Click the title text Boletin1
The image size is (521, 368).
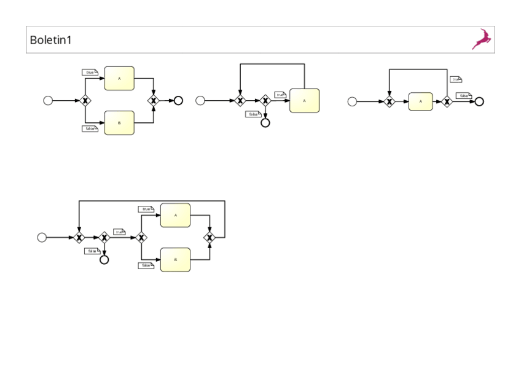pyautogui.click(x=51, y=40)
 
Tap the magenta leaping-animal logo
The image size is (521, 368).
pyautogui.click(x=482, y=39)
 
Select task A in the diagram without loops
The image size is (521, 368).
pyautogui.click(x=119, y=78)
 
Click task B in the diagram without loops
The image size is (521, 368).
pyautogui.click(x=119, y=123)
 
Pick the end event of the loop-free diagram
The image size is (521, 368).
pyautogui.click(x=178, y=100)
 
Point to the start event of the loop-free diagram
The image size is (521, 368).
pyautogui.click(x=48, y=100)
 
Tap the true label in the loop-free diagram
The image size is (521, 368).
pyautogui.click(x=90, y=72)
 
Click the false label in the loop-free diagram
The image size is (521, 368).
pyautogui.click(x=90, y=128)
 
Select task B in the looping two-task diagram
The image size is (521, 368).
pyautogui.click(x=175, y=259)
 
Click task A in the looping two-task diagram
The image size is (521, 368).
pyautogui.click(x=175, y=215)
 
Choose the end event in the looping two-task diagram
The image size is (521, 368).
pyautogui.click(x=104, y=259)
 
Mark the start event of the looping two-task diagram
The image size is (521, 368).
pyautogui.click(x=42, y=237)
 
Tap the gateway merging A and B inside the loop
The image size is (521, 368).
pyautogui.click(x=210, y=237)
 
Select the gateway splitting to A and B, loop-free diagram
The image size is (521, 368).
pyautogui.click(x=85, y=100)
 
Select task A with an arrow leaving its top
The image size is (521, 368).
pyautogui.click(x=304, y=100)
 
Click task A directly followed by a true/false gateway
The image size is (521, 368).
pyautogui.click(x=420, y=101)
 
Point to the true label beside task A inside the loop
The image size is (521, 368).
pyautogui.click(x=146, y=209)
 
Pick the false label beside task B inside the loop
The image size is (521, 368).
pyautogui.click(x=146, y=265)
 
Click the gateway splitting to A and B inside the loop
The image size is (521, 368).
pyautogui.click(x=141, y=237)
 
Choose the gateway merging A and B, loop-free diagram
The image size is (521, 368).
pyautogui.click(x=153, y=100)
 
